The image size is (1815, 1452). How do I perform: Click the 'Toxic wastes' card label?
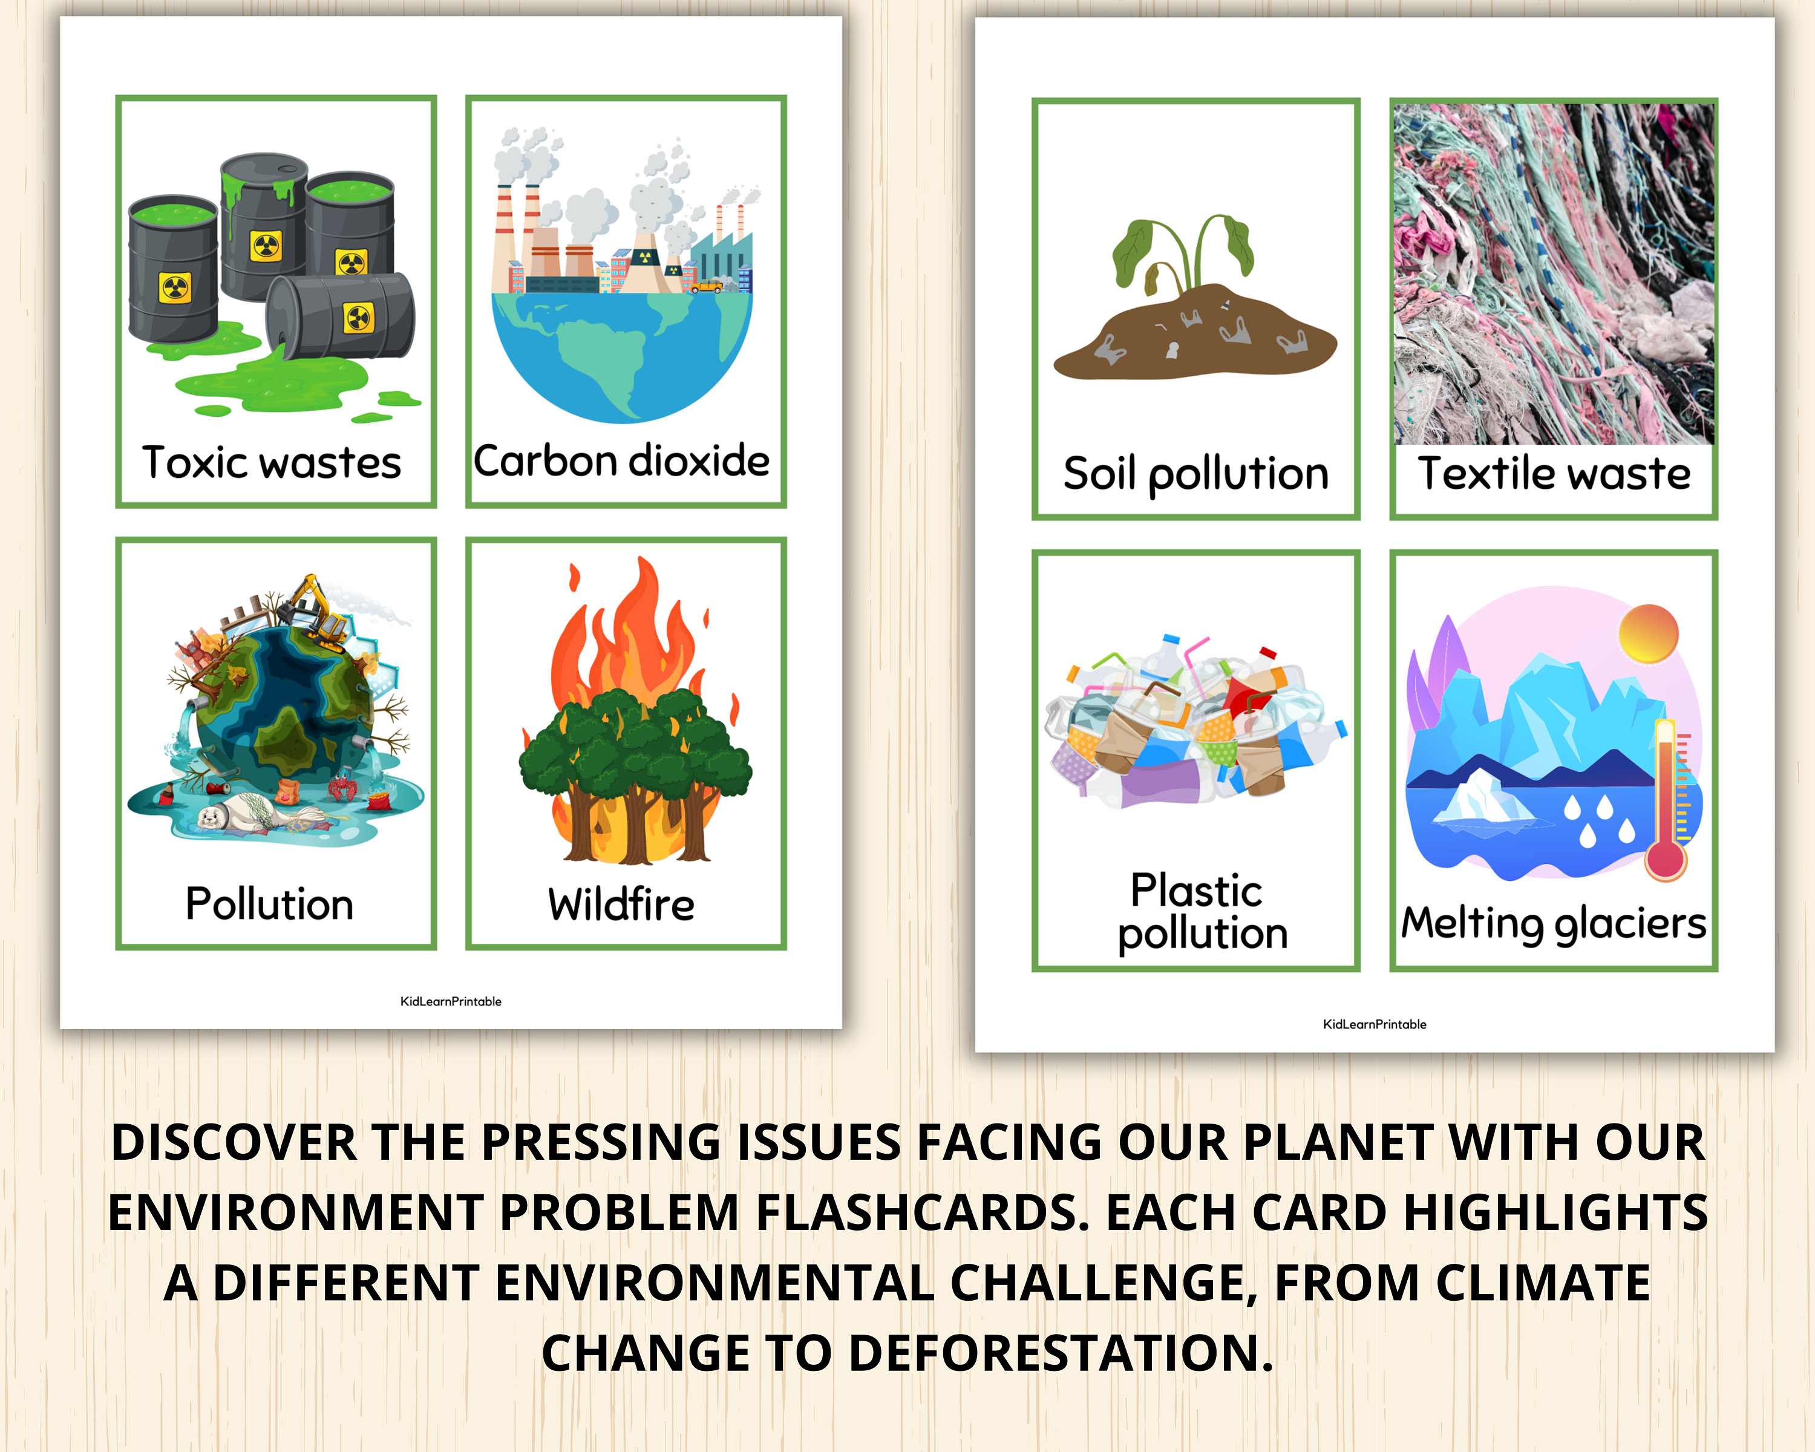coord(271,463)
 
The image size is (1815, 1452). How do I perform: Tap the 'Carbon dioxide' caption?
coord(621,461)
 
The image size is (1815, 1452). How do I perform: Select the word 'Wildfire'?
coord(621,905)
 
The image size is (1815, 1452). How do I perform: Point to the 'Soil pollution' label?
coord(1195,474)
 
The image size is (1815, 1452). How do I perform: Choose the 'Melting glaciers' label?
coord(1553,923)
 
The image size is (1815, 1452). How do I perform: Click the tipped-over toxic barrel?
coord(341,316)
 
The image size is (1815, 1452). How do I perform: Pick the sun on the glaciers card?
coord(1647,633)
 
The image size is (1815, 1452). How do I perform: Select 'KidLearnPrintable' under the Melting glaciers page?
coord(1374,1024)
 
